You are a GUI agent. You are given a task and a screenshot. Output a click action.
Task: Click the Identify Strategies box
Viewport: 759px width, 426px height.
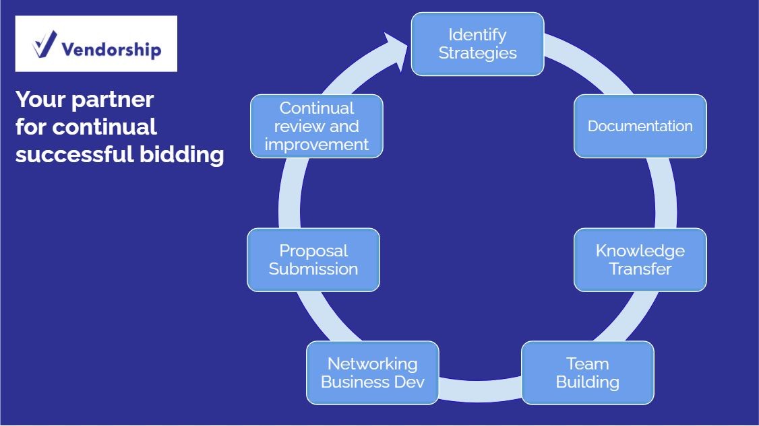click(x=477, y=44)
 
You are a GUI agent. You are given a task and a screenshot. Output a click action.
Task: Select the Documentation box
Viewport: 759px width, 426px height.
click(x=640, y=127)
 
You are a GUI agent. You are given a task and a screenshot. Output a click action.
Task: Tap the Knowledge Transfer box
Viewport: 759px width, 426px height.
click(x=640, y=260)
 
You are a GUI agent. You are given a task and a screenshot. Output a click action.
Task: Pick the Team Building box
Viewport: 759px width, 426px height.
click(x=588, y=373)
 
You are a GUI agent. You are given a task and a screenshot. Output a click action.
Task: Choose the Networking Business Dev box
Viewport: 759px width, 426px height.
click(x=373, y=373)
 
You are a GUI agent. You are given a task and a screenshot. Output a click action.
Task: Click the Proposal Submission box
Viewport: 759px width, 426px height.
click(x=313, y=260)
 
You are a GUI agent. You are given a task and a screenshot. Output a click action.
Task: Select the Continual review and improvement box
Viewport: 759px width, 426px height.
click(x=317, y=127)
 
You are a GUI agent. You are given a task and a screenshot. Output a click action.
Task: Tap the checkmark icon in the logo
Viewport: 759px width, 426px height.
click(x=44, y=44)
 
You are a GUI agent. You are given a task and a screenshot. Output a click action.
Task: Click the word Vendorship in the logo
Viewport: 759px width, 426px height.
click(x=111, y=49)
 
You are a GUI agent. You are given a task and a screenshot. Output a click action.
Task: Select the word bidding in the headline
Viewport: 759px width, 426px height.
click(x=182, y=154)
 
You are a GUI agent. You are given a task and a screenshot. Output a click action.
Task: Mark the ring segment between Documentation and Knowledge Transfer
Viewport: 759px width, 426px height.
click(x=665, y=193)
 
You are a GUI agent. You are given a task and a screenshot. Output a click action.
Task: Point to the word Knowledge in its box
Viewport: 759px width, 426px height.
click(x=640, y=251)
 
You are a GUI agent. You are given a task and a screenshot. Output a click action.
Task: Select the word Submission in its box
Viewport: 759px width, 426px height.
click(x=313, y=269)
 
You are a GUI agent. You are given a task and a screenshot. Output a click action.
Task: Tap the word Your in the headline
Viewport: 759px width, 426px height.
click(x=40, y=100)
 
